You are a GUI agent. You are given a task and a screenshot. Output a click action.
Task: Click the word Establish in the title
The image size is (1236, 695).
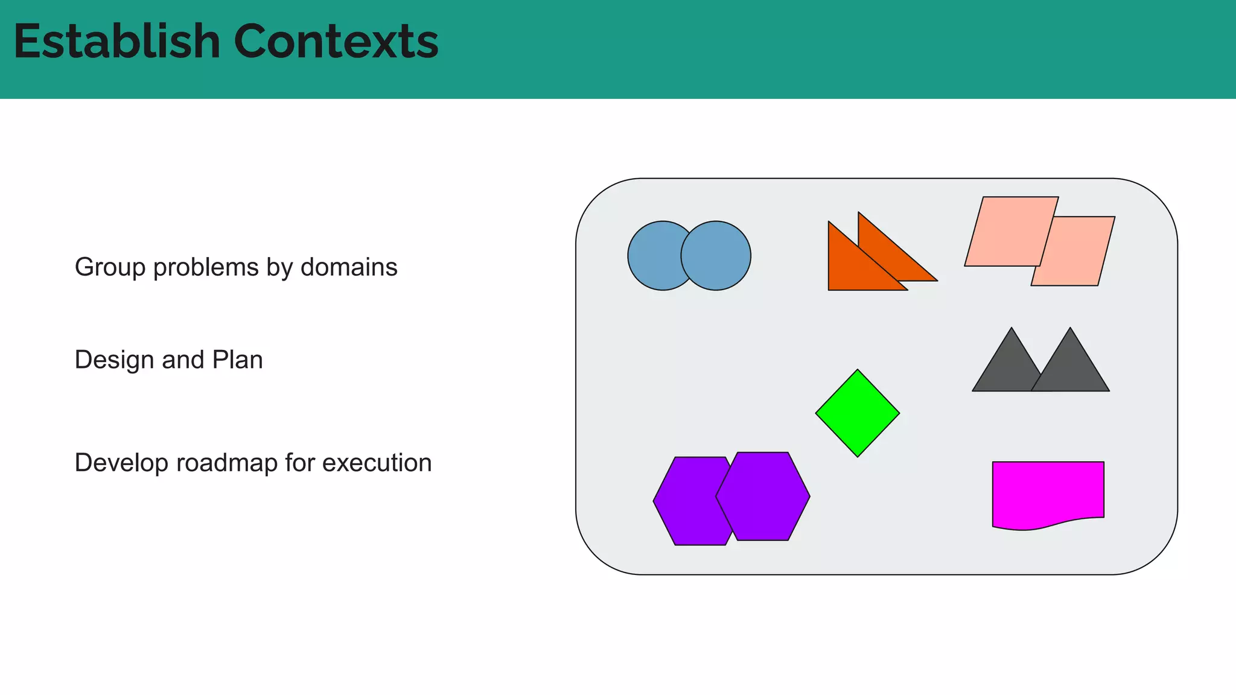pos(116,42)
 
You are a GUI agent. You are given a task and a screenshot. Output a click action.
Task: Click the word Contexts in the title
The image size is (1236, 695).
pos(336,42)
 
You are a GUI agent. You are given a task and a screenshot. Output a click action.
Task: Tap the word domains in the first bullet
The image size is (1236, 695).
pos(349,267)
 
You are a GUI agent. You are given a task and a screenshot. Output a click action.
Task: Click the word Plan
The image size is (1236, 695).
pos(237,360)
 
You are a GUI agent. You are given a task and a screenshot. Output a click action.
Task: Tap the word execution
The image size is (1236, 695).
pos(377,463)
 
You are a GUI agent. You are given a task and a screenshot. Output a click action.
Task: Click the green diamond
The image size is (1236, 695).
pos(857,413)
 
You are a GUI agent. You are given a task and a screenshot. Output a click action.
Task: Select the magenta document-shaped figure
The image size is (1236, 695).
pos(1048,492)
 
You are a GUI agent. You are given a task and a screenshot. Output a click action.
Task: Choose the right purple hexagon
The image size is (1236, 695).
pos(763,497)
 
